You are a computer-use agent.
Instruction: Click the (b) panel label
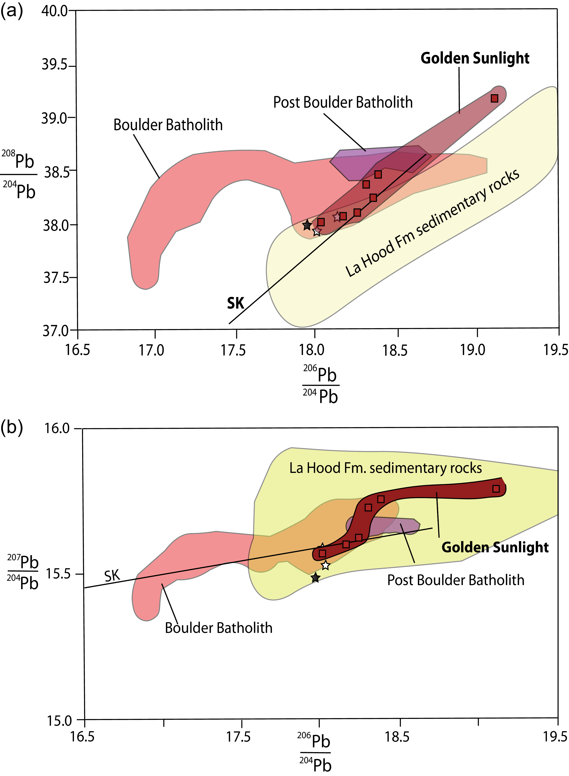[x=12, y=428]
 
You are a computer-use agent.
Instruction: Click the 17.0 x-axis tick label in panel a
[x=152, y=350]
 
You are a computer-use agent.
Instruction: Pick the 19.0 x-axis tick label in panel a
[x=473, y=350]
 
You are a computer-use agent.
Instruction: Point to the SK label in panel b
[x=112, y=576]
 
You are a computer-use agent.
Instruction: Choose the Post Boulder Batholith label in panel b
[x=456, y=580]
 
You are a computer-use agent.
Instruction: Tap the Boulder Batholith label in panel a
[x=168, y=125]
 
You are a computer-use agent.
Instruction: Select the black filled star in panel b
[x=315, y=578]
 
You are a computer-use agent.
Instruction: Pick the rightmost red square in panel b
[x=496, y=489]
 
